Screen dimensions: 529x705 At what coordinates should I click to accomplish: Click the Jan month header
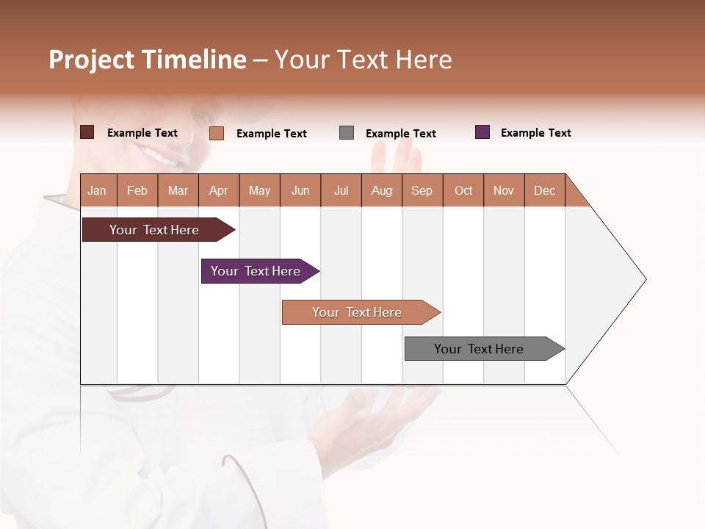coord(98,190)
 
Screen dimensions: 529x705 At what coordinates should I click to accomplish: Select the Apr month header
coord(219,190)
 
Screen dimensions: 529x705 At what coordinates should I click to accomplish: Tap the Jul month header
coord(341,190)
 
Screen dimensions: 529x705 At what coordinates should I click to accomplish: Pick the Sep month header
coord(422,190)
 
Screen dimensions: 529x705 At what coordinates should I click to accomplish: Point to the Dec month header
coord(544,190)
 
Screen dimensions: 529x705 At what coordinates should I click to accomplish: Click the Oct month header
coord(463,190)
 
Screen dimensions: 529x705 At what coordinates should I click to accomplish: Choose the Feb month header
coord(137,190)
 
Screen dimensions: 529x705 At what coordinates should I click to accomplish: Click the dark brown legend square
coord(87,132)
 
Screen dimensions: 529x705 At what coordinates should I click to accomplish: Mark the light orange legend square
coord(217,133)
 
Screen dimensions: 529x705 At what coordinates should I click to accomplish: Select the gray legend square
coord(347,132)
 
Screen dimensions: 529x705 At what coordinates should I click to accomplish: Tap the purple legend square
coord(482,132)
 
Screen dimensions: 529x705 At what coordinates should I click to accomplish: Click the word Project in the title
coord(92,60)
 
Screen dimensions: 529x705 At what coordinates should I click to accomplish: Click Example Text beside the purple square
coord(535,133)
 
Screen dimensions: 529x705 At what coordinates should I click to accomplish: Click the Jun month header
coord(300,190)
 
